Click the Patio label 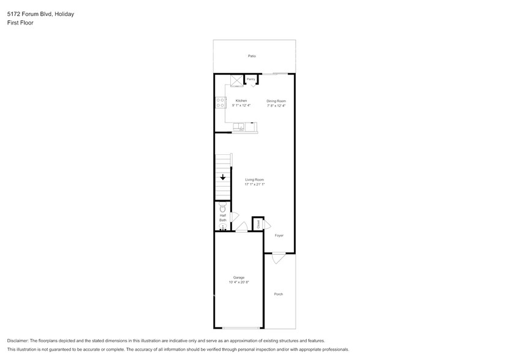click(252, 56)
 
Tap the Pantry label click(251, 79)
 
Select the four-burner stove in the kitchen click(221, 103)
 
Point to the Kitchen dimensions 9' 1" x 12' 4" click(241, 105)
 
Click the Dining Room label click(276, 100)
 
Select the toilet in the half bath click(222, 208)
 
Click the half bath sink click(222, 228)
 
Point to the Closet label click(258, 225)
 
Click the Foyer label click(279, 235)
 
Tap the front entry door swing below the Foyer click(279, 258)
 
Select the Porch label click(279, 294)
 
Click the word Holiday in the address click(64, 13)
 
